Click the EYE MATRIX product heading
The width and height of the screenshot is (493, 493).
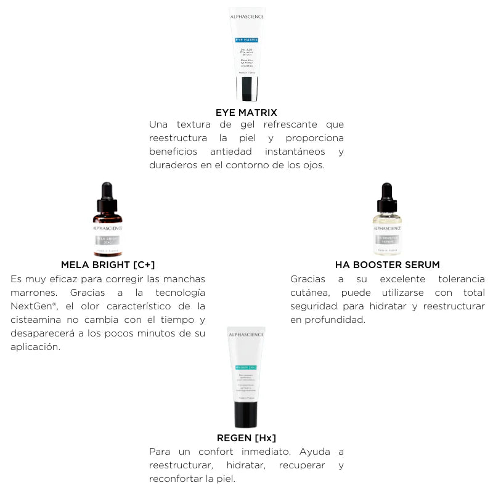pos(246,112)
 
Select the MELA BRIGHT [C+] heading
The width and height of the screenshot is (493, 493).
pos(108,264)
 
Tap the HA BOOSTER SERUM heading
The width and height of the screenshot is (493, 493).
pos(387,264)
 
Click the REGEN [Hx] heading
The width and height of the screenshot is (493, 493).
pos(246,438)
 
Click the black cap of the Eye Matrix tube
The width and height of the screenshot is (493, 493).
pos(247,90)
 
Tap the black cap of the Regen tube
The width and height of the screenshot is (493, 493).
pos(246,414)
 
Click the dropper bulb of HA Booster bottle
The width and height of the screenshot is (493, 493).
pos(387,190)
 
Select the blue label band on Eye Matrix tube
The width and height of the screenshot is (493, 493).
pos(246,39)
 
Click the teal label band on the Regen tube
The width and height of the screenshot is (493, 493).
pos(246,367)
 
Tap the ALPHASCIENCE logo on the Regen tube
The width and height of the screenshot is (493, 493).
pos(246,335)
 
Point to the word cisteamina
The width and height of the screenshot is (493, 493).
pos(36,320)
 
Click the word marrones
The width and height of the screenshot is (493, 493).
pos(31,293)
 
